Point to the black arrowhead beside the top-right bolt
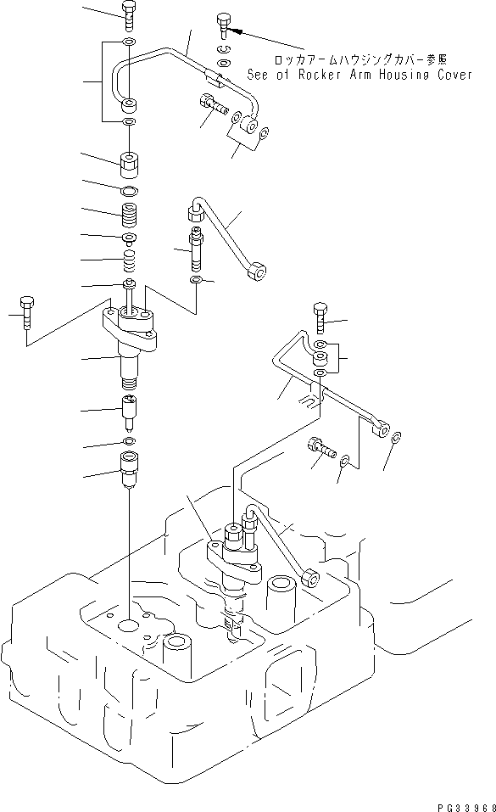(239, 31)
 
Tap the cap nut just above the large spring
(129, 160)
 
